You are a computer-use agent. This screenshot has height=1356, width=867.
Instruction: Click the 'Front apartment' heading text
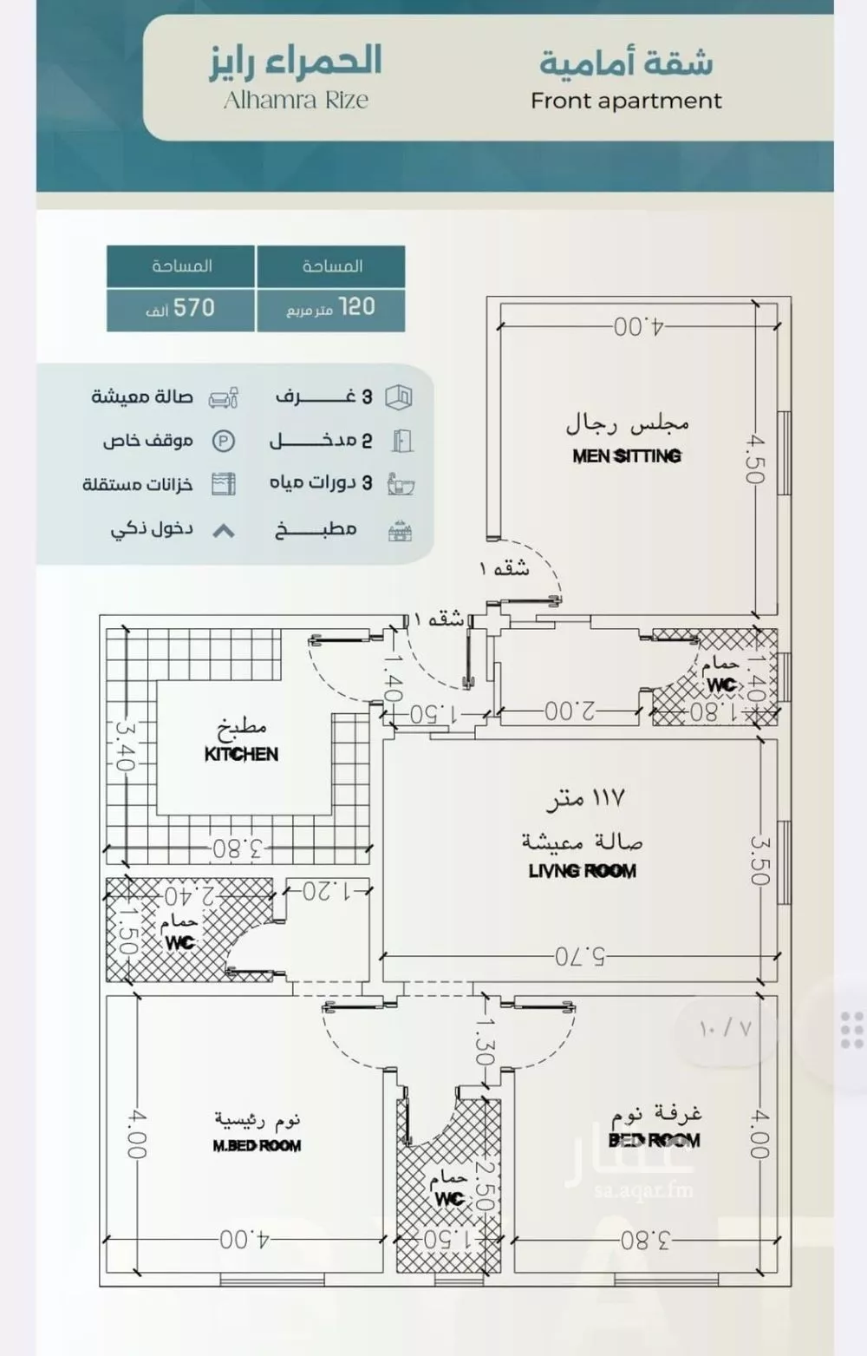[626, 102]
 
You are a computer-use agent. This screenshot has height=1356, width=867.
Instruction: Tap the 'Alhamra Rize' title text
[296, 101]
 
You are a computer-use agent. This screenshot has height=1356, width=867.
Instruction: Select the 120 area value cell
[331, 308]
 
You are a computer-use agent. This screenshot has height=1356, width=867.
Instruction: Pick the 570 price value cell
[180, 308]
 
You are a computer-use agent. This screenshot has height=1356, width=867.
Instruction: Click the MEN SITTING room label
[627, 455]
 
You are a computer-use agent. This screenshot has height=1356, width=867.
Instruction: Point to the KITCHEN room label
[241, 754]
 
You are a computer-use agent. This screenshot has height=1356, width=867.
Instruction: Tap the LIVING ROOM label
[582, 871]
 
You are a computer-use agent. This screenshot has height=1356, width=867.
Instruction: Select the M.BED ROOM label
[257, 1146]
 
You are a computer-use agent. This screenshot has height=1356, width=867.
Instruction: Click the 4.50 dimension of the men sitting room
[754, 459]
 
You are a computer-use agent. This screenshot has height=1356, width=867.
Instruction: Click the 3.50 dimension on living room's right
[759, 859]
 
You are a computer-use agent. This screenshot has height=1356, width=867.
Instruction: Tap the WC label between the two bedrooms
[449, 1199]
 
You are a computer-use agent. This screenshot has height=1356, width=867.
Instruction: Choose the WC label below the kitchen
[179, 942]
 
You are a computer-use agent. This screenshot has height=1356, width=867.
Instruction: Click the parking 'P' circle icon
[224, 442]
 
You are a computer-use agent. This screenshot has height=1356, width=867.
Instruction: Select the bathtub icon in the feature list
[401, 484]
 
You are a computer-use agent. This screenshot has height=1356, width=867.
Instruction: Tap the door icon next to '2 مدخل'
[401, 442]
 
